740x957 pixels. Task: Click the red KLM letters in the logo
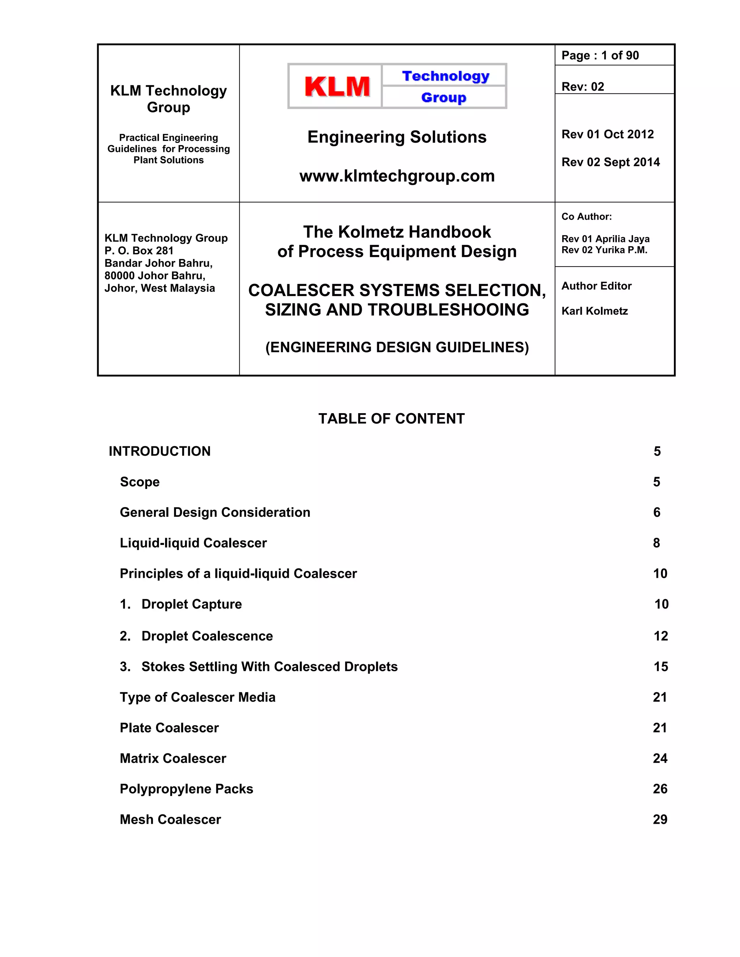coord(337,86)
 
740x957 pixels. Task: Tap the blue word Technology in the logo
coord(446,76)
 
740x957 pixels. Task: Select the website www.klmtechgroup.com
coord(397,176)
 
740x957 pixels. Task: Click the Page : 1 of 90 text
coord(600,56)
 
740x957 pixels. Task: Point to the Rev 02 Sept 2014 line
coord(610,162)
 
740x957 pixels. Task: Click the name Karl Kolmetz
coord(594,311)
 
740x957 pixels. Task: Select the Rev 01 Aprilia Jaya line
coord(605,239)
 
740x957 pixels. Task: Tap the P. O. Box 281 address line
coord(139,251)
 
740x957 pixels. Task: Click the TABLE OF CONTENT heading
coord(391,419)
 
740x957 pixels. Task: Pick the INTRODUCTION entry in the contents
coord(160,451)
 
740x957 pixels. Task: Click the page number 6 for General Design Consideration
coord(656,512)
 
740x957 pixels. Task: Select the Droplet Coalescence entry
coord(207,636)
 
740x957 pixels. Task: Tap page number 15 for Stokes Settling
coord(660,667)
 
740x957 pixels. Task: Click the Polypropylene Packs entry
coord(186,789)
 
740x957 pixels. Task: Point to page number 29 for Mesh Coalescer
coord(660,819)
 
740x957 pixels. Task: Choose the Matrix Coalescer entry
coord(173,758)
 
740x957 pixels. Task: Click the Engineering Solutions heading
coord(397,137)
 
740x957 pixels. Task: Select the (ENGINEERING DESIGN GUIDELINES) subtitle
coord(397,347)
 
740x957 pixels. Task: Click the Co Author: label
coord(586,216)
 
